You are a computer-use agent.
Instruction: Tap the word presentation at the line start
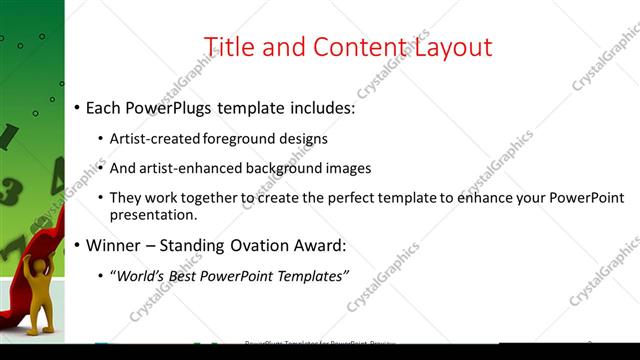coord(153,215)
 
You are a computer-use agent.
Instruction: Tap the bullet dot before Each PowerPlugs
coord(77,107)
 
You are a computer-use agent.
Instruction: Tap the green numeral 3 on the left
coord(8,188)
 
